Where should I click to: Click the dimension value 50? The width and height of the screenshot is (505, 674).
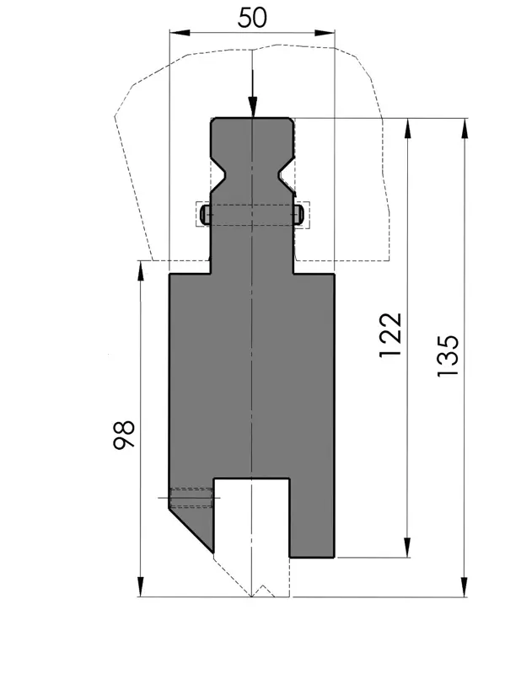click(252, 18)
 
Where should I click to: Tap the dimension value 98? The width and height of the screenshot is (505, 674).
click(124, 435)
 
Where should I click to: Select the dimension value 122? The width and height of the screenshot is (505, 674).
click(390, 335)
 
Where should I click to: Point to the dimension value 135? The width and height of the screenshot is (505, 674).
click(449, 356)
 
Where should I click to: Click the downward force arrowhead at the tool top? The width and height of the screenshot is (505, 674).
click(253, 107)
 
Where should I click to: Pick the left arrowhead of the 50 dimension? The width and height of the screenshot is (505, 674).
click(180, 33)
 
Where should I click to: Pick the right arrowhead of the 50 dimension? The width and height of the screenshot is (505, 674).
click(325, 33)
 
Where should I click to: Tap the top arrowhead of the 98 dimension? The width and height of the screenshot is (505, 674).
click(141, 270)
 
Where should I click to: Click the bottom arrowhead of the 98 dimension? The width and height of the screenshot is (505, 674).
click(141, 586)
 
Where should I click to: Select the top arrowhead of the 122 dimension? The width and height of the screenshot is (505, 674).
click(408, 128)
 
